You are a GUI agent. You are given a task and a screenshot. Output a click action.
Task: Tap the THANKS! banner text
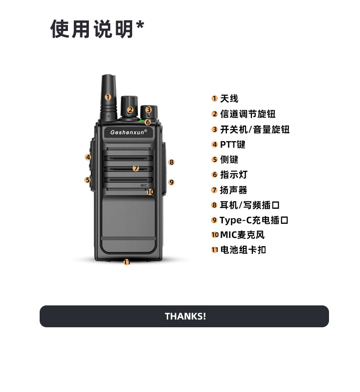(185, 316)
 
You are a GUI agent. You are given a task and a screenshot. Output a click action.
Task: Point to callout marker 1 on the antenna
(108, 97)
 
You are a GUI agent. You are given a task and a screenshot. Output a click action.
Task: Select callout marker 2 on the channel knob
(130, 109)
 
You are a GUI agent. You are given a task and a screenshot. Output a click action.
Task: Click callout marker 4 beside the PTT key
(88, 157)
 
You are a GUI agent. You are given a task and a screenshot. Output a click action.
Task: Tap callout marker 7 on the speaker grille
(136, 168)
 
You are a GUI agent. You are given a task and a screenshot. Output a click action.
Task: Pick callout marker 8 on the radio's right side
(171, 162)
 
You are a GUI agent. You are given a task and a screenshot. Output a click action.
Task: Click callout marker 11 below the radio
(127, 262)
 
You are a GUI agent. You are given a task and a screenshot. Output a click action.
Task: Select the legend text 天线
(229, 99)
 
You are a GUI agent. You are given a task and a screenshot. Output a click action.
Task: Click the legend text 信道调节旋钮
(248, 114)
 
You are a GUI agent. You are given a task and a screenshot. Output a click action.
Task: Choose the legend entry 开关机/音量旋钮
(255, 129)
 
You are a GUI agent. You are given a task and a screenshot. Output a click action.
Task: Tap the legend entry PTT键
(233, 144)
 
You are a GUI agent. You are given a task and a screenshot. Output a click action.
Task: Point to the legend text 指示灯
(234, 175)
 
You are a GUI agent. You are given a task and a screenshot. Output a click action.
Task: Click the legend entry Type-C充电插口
(254, 220)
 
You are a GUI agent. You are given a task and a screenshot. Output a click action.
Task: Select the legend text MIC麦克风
(242, 235)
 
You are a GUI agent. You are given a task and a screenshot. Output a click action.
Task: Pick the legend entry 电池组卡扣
(243, 250)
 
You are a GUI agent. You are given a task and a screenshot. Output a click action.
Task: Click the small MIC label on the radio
(144, 186)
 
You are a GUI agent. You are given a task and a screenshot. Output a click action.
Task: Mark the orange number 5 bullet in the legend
(215, 160)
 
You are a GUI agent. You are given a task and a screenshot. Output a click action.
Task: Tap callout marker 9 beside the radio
(171, 182)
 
